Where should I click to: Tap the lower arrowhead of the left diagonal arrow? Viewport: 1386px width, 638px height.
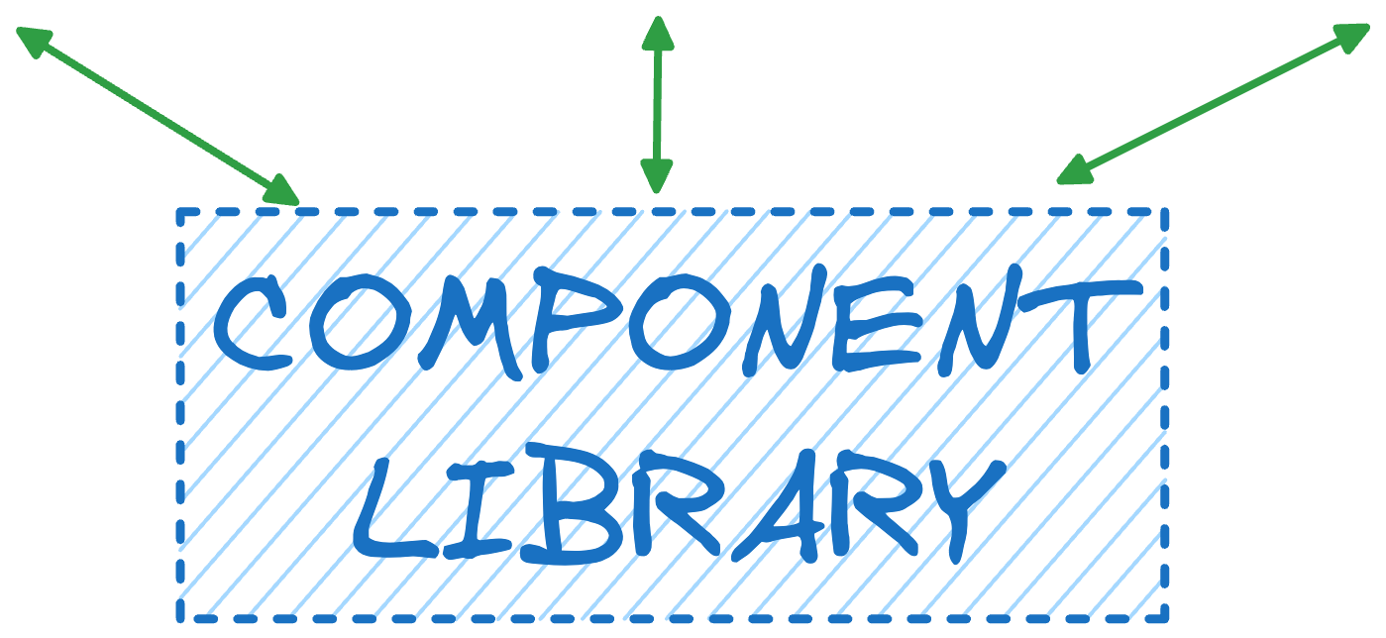point(282,190)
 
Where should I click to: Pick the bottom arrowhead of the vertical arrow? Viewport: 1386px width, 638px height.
point(656,176)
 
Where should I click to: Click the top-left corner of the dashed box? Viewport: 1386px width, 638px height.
point(181,212)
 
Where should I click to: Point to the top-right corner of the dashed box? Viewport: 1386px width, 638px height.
point(1165,212)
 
